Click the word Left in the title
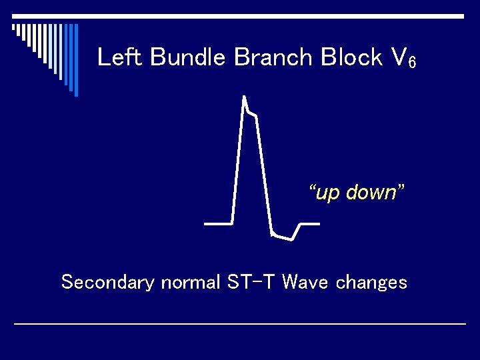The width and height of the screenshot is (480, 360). pos(121,58)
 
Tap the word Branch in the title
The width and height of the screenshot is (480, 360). pos(274,58)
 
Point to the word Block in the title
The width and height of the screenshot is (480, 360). pos(351,58)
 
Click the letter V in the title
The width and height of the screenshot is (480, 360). pos(397,58)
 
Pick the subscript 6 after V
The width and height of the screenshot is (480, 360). pos(412,63)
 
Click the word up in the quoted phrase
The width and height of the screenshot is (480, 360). pos(327,193)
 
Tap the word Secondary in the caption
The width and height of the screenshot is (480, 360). pos(107,283)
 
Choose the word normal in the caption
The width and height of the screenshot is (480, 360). pos(189,283)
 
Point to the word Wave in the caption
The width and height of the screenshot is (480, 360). pos(305,283)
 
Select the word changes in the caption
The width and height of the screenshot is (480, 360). pos(371,283)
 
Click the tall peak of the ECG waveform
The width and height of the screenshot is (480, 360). pos(245,100)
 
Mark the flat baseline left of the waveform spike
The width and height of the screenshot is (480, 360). pos(217,223)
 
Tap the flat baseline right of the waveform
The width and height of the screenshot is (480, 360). pos(310,223)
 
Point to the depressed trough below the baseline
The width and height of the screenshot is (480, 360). pos(283,237)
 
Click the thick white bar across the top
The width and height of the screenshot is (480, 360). pos(240,16)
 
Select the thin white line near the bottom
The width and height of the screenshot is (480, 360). pos(240,323)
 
